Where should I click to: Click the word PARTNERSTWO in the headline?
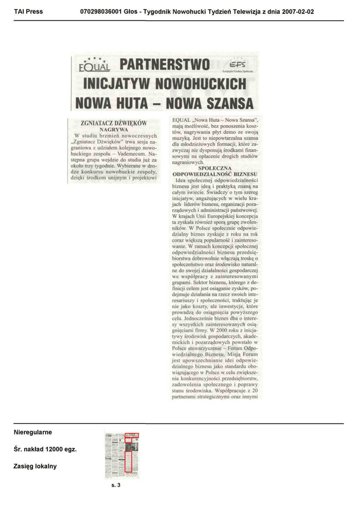coord(165,65)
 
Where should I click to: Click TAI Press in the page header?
coord(28,11)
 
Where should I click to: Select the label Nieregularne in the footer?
coord(33,432)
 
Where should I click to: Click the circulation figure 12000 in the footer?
coord(54,449)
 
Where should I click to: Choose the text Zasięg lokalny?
coord(35,466)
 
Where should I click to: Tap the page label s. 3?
coord(116,485)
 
